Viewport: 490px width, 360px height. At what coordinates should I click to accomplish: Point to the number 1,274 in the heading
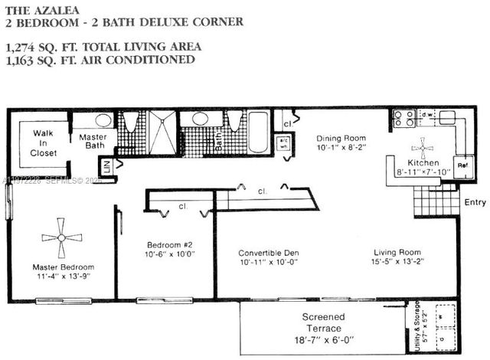pyautogui.click(x=23, y=47)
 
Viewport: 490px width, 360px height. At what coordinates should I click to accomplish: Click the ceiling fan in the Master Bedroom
pyautogui.click(x=61, y=237)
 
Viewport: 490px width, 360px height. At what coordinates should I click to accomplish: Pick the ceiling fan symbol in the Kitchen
pyautogui.click(x=423, y=147)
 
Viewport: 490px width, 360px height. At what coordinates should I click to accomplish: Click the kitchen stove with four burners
pyautogui.click(x=403, y=118)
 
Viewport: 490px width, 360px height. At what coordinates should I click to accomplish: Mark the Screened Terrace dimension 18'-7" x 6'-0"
pyautogui.click(x=323, y=339)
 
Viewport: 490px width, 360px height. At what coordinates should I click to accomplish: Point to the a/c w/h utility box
pyautogui.click(x=283, y=143)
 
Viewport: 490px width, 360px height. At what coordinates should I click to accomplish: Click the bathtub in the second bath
pyautogui.click(x=258, y=133)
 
